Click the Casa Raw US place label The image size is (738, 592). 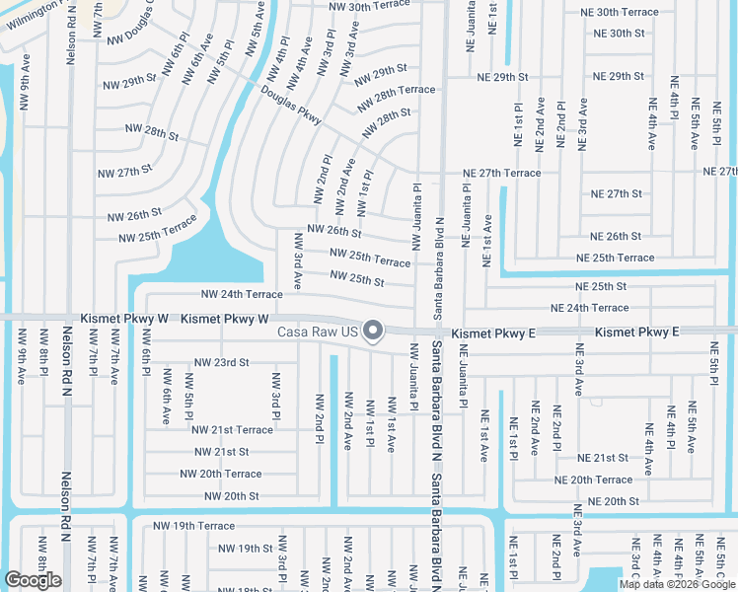pos(316,332)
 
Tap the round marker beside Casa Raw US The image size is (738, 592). pos(373,332)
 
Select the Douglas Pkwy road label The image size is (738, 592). pos(291,104)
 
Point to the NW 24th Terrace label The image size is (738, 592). pos(242,294)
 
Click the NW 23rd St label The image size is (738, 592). pos(221,363)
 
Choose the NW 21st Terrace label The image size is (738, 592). pos(232,430)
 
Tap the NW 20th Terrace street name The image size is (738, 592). pos(221,475)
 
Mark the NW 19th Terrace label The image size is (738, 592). pos(194,526)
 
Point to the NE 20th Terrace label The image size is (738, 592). pos(593,480)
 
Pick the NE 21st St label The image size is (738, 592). pos(603,458)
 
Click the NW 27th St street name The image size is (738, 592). pos(124,171)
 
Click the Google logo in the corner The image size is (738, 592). pos(33,580)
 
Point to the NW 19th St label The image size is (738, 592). pos(245,549)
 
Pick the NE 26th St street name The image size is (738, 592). pos(616,237)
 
